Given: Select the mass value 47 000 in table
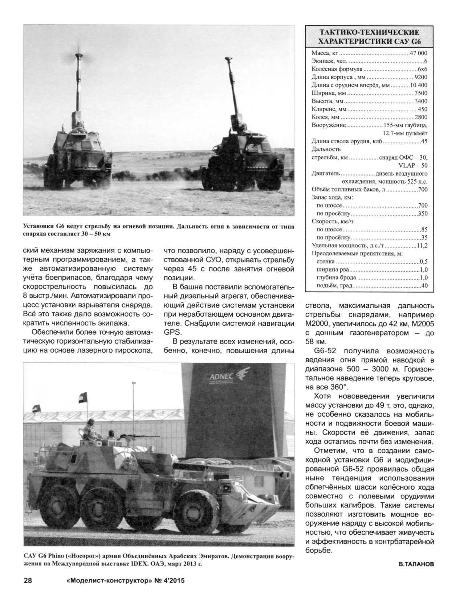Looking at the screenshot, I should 418,53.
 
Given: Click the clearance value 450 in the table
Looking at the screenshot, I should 422,109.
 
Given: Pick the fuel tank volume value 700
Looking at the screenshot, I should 423,189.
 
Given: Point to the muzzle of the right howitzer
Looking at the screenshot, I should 229,59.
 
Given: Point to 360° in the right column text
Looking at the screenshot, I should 334,387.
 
